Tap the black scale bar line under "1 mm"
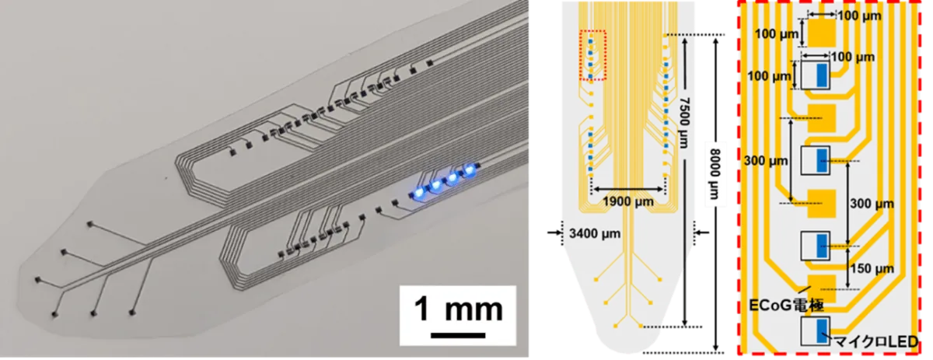(458, 335)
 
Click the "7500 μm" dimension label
(683, 123)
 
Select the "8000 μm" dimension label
(715, 175)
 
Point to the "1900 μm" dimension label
(628, 201)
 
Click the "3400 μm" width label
(595, 234)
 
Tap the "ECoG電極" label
(786, 306)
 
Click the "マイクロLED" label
(876, 341)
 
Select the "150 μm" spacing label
(872, 269)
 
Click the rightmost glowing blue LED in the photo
(470, 170)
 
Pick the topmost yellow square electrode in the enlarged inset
(821, 33)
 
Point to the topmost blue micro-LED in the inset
(822, 75)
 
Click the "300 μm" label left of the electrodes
(766, 161)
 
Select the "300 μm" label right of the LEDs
(872, 204)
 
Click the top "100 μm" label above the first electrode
(860, 16)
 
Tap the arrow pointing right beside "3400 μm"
(555, 232)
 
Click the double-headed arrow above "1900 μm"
(628, 189)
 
